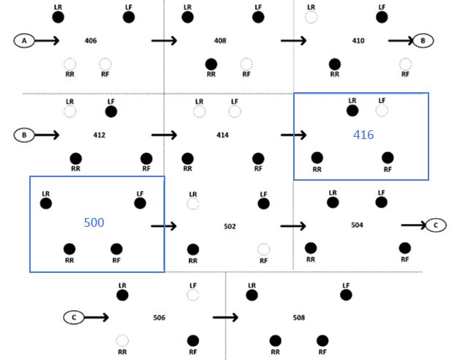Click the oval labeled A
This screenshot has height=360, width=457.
pos(23,41)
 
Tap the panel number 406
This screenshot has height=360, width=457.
pos(91,41)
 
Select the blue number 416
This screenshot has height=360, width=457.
pos(363,135)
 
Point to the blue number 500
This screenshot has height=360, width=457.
pos(94,222)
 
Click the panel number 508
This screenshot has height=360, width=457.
pos(298,318)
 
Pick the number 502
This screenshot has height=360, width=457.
pos(230,226)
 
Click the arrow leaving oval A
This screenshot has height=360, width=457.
pos(46,41)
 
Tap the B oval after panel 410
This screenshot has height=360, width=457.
pos(423,41)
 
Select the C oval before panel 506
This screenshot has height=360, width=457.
pos(74,318)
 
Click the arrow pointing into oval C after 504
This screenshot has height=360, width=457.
pos(413,225)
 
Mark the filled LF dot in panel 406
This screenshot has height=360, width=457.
pos(129,17)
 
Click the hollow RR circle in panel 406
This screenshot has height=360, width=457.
pos(69,64)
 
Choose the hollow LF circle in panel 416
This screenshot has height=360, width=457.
pos(382,110)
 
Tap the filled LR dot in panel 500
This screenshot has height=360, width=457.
pos(46,203)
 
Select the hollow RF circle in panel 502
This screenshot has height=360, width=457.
pos(263,250)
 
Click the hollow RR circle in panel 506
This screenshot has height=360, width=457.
pos(122,340)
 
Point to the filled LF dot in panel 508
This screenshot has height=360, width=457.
pos(346,295)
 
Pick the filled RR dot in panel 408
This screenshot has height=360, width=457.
pos(211,64)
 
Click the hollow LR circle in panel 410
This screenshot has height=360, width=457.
pos(311,17)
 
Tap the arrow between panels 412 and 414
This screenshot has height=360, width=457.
pos(164,135)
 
